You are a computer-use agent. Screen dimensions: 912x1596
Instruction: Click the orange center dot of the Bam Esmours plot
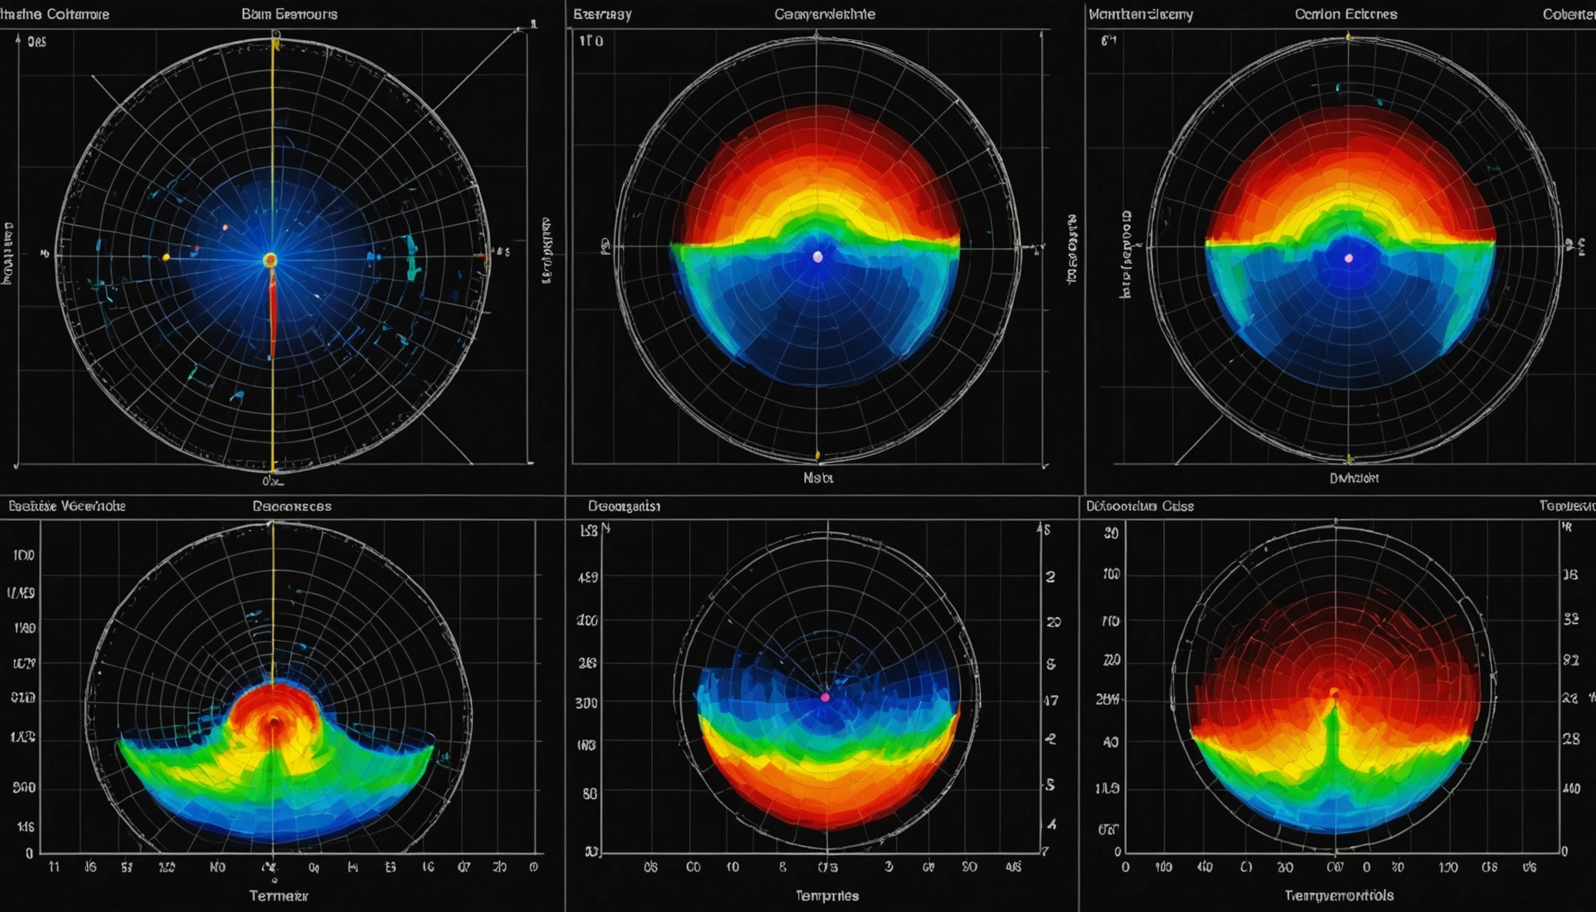[x=270, y=260]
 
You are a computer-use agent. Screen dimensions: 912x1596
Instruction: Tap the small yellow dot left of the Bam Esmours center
[x=165, y=257]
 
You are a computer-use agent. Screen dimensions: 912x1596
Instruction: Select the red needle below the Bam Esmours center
[x=272, y=317]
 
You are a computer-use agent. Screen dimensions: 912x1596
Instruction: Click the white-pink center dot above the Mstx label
[x=818, y=257]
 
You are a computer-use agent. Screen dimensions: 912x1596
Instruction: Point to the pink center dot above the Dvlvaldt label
[x=1349, y=258]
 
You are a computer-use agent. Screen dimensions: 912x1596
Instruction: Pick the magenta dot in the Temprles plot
[x=825, y=697]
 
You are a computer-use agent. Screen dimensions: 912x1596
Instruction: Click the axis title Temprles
[x=826, y=895]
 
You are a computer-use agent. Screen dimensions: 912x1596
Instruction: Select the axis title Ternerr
[x=279, y=895]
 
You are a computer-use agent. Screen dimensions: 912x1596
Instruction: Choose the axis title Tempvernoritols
[x=1339, y=895]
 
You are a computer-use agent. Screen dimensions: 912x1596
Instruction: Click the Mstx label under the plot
[x=818, y=477]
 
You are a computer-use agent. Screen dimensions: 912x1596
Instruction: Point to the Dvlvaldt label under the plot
[x=1354, y=477]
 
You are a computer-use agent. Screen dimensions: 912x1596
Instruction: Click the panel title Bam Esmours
[x=289, y=14]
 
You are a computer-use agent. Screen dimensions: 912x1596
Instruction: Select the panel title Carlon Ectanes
[x=1346, y=14]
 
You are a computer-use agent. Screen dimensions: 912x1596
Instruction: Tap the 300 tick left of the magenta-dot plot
[x=587, y=702]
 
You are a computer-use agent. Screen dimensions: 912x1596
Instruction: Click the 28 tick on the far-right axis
[x=1571, y=739]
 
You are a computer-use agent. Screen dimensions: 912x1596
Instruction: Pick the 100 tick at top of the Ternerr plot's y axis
[x=23, y=555]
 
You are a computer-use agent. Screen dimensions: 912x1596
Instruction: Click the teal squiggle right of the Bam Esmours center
[x=412, y=258]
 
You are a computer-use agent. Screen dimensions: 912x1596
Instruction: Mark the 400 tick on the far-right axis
[x=1571, y=788]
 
